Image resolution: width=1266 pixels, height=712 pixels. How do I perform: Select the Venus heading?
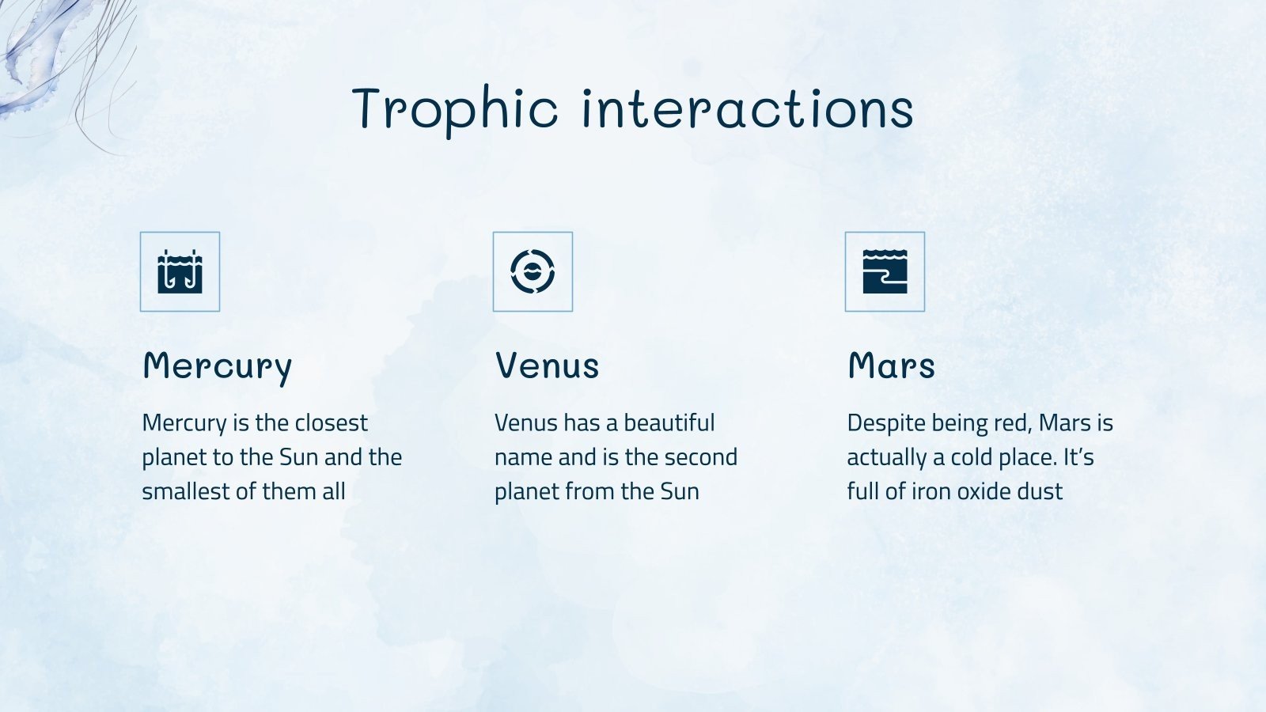pyautogui.click(x=547, y=365)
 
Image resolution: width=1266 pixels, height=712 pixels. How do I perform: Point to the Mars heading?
pyautogui.click(x=891, y=365)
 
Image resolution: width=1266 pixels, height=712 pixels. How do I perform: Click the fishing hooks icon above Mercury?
pyautogui.click(x=180, y=272)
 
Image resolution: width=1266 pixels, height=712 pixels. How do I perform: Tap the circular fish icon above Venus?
pyautogui.click(x=533, y=272)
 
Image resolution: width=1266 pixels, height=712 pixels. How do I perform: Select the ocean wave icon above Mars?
pyautogui.click(x=885, y=272)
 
